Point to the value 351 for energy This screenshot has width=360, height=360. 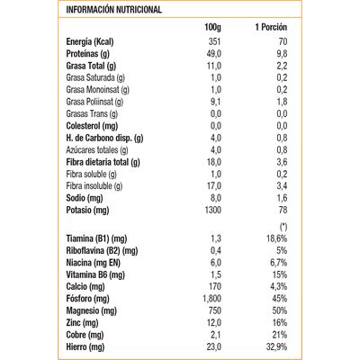[x=214, y=44]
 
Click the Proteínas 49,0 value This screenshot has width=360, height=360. [x=213, y=55]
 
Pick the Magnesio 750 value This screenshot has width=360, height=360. [x=214, y=310]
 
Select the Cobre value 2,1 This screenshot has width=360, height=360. [x=214, y=334]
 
